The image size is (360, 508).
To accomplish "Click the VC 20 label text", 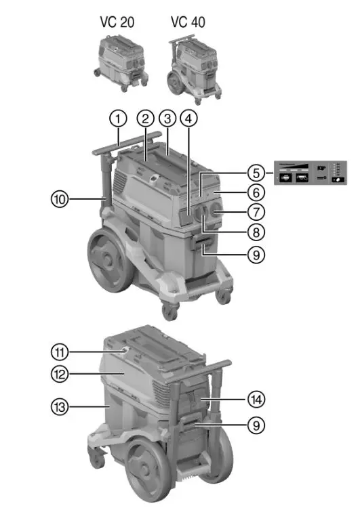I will pos(117,22).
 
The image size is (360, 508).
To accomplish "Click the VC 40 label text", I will pos(188,22).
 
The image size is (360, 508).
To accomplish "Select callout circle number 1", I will pos(119,119).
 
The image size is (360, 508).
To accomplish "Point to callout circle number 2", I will pos(144,119).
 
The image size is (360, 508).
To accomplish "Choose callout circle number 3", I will pos(167,119).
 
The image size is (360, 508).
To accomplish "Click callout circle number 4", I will pos(191,119).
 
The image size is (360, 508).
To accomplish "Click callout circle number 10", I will pos(61,200).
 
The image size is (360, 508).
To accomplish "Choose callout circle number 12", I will pos(61,373).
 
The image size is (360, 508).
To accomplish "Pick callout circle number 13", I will pos(61,406).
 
